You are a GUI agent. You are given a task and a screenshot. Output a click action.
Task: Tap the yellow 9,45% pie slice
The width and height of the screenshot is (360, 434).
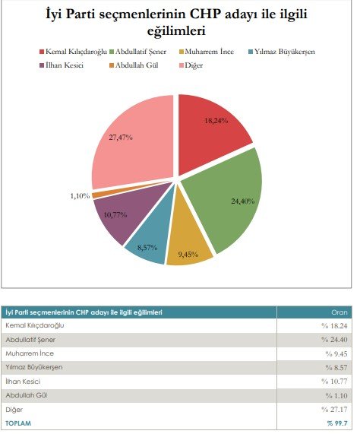pos(188,243)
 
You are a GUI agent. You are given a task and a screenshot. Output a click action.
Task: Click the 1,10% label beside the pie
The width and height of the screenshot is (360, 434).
pos(80,196)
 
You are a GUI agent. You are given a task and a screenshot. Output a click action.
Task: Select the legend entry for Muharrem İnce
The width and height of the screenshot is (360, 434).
pos(207,52)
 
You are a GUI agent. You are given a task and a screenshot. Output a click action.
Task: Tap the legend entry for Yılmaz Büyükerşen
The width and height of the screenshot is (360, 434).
pos(282,52)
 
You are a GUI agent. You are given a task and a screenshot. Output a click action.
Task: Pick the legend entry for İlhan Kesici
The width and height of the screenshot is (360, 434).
pos(62,65)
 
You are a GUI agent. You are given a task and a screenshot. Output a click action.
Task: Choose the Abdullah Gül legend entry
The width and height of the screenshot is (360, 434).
pos(134,65)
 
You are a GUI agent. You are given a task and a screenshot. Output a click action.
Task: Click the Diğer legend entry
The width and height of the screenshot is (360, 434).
pos(191,65)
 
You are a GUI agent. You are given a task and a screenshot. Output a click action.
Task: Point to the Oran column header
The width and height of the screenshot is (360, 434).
pos(339,312)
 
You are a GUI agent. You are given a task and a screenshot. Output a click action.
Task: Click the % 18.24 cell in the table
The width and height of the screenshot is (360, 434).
pos(334,326)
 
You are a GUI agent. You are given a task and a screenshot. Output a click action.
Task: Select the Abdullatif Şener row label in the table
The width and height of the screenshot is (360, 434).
pos(30,340)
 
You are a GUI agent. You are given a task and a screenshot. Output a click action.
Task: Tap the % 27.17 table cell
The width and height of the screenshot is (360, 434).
pos(334,410)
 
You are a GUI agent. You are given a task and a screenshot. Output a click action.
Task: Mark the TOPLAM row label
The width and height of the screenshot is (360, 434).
pos(18,423)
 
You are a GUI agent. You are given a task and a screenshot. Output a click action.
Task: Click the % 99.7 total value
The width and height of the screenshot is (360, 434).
pos(337,423)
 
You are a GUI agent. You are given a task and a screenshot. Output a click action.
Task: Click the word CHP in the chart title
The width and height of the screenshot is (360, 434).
pos(204,14)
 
